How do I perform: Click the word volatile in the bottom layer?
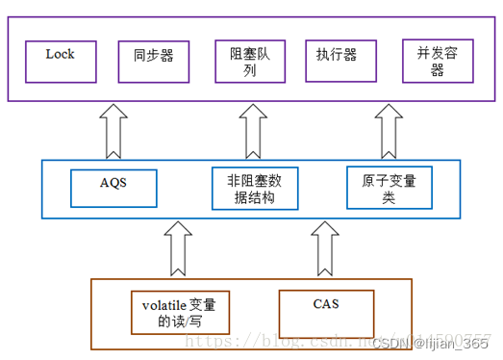coord(164,305)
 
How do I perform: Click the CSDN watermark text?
coord(390,343)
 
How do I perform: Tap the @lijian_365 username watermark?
coord(451,343)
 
